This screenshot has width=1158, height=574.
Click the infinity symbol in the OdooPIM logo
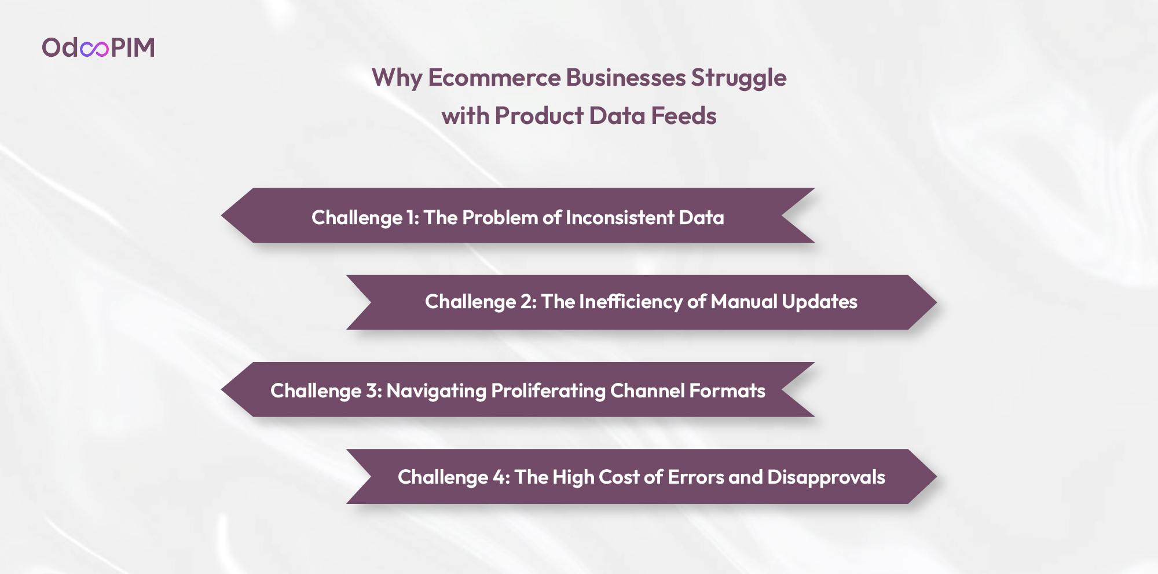point(94,49)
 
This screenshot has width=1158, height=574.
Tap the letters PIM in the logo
point(133,47)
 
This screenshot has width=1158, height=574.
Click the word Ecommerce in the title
point(494,78)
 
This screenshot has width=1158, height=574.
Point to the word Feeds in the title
point(684,116)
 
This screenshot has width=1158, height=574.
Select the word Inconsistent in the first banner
point(620,218)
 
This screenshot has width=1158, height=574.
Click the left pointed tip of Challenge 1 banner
point(222,215)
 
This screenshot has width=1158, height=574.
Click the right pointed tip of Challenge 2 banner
point(936,302)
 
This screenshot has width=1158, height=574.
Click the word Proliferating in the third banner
point(548,392)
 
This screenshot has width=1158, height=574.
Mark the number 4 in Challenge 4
point(499,477)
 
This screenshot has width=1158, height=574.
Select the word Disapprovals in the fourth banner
point(826,478)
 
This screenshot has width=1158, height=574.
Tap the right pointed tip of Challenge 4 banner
point(936,477)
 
